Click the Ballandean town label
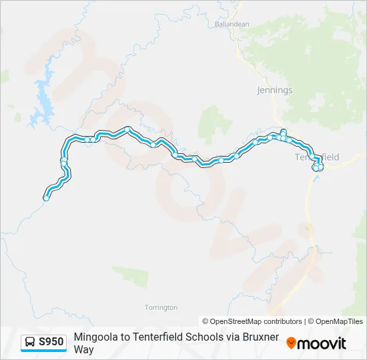(x=232, y=24)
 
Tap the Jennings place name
(x=274, y=90)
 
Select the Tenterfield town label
(x=318, y=157)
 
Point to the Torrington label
(x=161, y=307)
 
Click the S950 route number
(x=51, y=342)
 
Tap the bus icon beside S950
(x=30, y=343)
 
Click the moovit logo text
(x=322, y=343)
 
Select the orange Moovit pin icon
(x=291, y=343)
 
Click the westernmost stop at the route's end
(x=46, y=198)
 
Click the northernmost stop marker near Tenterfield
(x=284, y=131)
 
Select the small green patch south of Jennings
(x=214, y=123)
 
